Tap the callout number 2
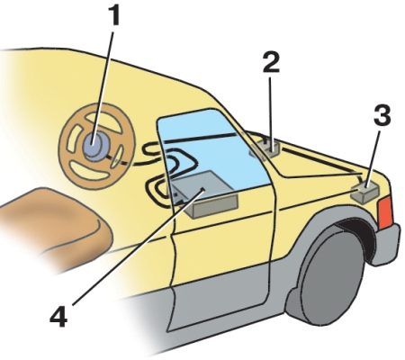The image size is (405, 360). point(271,62)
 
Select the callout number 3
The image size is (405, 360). point(382,114)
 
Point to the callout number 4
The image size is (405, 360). point(58,317)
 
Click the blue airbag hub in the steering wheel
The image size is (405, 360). point(94,146)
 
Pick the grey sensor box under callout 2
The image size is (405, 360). point(265,148)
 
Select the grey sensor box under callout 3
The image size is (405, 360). point(365,192)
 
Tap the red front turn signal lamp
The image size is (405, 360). point(386,211)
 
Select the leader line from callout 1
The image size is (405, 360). point(103,87)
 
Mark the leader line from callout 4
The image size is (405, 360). point(138,247)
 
